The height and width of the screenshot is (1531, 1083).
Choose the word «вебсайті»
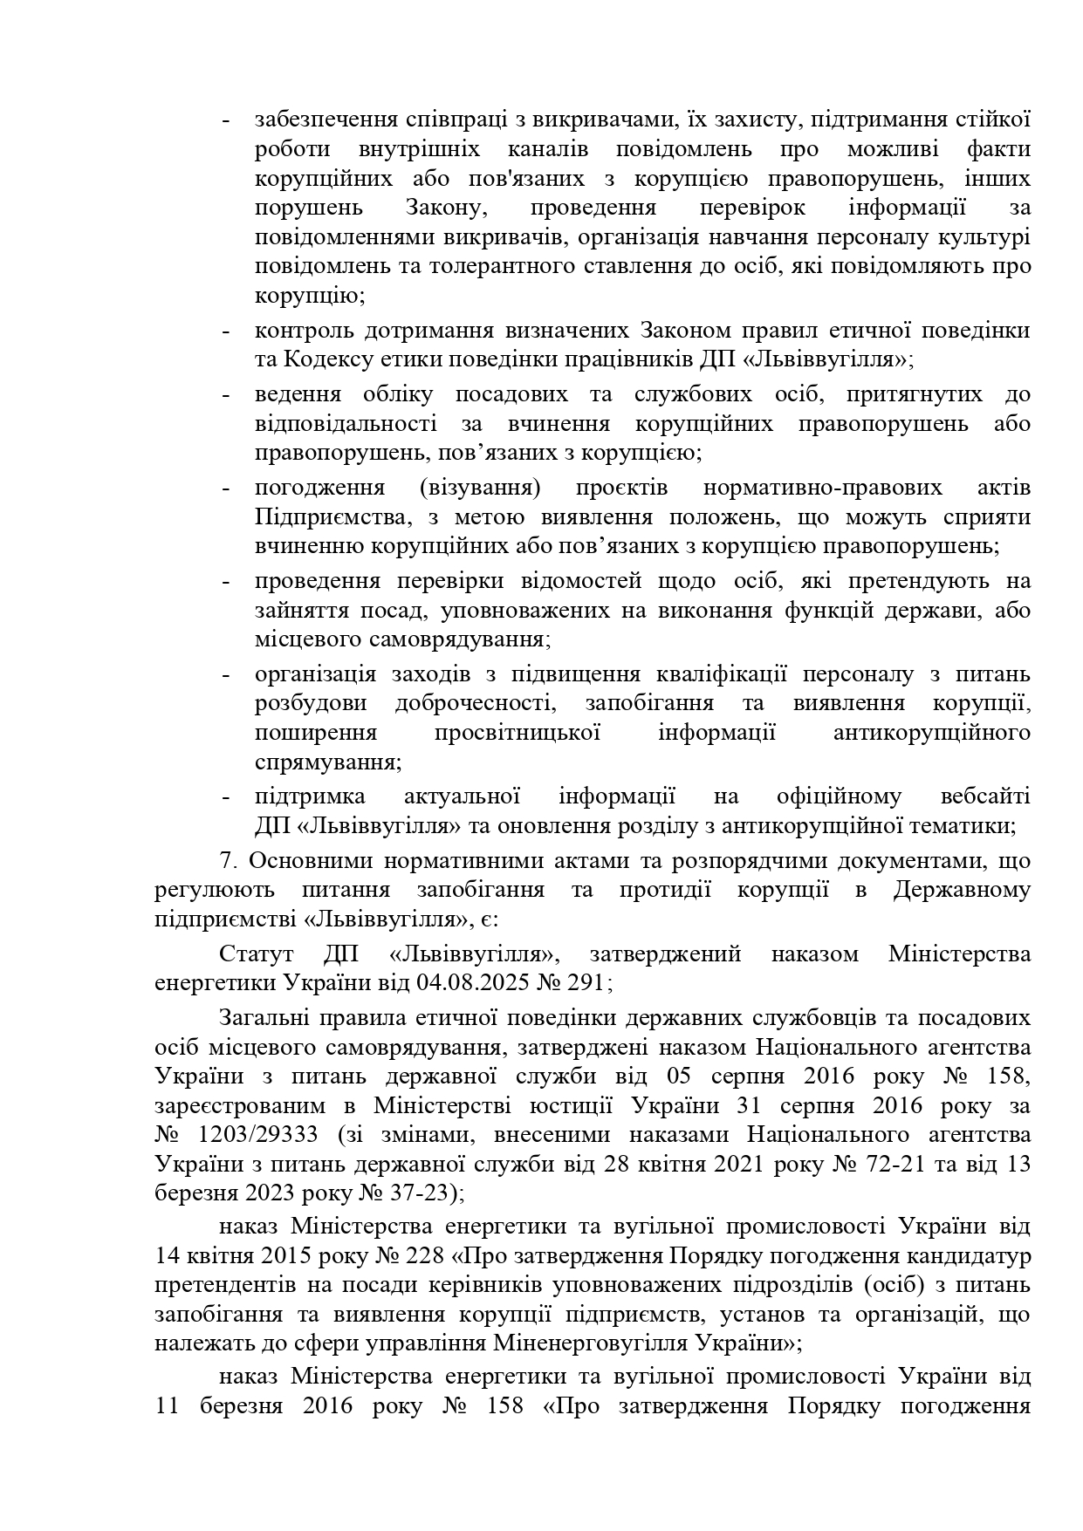click(x=986, y=796)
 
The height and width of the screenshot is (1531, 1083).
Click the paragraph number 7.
click(x=228, y=861)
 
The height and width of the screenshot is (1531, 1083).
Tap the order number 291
click(x=586, y=983)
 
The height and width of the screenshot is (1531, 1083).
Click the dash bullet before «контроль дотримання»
click(x=227, y=331)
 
